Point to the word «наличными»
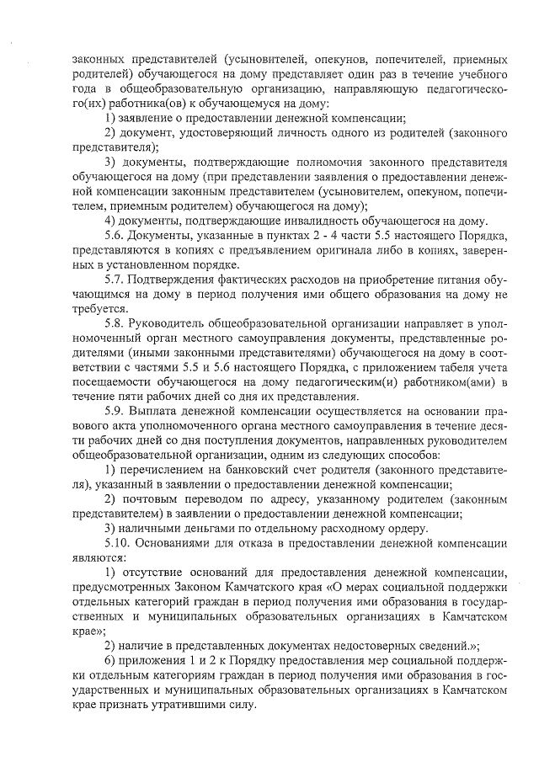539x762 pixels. (x=152, y=528)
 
